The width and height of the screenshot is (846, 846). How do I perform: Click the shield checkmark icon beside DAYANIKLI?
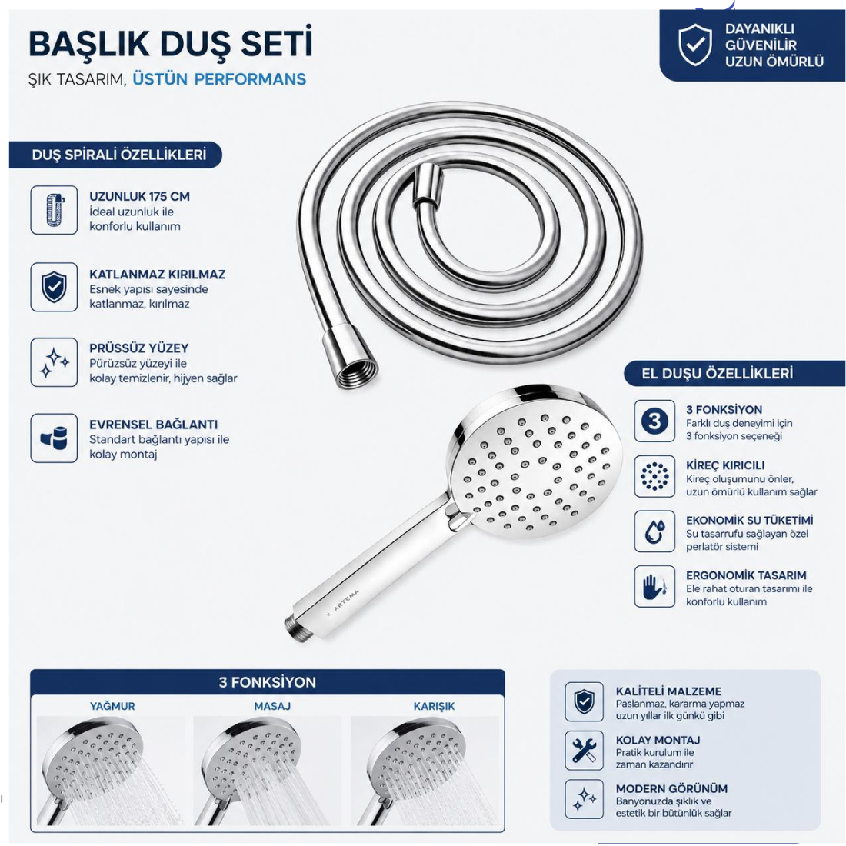point(695,45)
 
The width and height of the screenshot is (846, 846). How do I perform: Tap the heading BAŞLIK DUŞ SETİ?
point(171,43)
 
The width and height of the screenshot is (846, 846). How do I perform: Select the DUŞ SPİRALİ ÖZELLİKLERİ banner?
point(115,155)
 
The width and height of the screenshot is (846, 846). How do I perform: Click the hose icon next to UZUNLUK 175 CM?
point(54,210)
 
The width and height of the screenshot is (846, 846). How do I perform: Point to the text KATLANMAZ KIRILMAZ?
point(157,274)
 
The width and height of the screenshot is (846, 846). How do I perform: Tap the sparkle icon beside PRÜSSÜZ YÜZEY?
point(54,362)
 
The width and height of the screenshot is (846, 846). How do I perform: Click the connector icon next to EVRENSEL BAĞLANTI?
point(54,438)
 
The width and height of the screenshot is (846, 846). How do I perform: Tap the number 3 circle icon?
point(654,421)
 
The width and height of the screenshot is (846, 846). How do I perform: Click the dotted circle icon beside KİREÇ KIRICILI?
point(654,476)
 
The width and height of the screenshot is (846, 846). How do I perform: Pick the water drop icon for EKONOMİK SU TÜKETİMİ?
point(654,531)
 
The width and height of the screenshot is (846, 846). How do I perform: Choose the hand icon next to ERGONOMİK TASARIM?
point(654,587)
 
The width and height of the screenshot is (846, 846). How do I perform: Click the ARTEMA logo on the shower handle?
point(346,600)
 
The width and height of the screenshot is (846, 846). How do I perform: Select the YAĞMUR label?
point(112,706)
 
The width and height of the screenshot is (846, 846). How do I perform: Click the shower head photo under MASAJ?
point(268,771)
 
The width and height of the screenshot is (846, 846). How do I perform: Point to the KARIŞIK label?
point(434,706)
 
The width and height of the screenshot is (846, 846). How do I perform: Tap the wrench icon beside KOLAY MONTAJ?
point(584,751)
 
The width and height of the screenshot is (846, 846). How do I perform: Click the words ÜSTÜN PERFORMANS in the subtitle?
point(219,79)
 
